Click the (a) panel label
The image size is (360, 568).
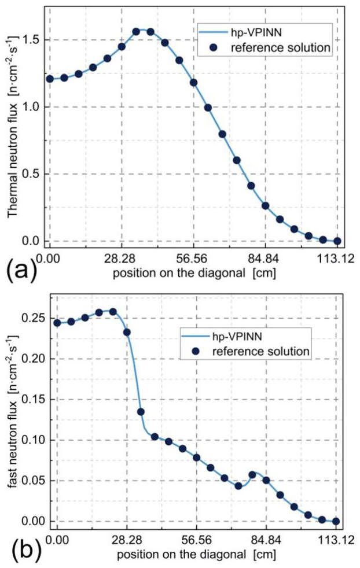coord(20,269)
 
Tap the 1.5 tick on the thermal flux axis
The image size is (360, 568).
coord(33,40)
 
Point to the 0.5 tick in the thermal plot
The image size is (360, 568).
coord(33,174)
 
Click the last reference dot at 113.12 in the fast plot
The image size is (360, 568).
coord(336,521)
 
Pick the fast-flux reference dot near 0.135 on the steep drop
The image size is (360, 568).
coord(141,412)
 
